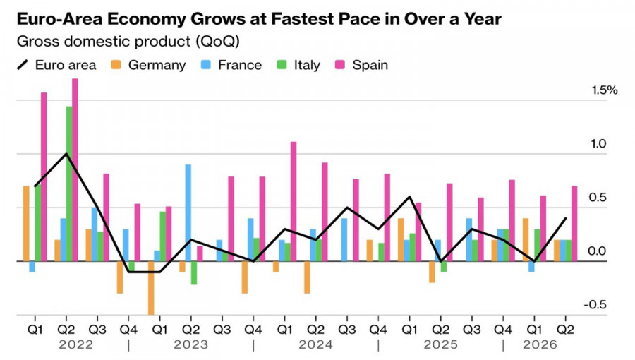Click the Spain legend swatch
tap(340, 65)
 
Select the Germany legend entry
tap(148, 65)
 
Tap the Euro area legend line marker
tap(23, 65)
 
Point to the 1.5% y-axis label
tap(605, 90)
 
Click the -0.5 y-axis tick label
tap(595, 304)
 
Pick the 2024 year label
tap(315, 344)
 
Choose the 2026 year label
tap(540, 344)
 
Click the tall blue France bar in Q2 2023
tap(188, 213)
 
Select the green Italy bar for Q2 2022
tap(69, 184)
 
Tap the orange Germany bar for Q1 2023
tap(151, 288)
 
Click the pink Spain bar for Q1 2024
tap(294, 202)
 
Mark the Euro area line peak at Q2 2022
tap(66, 154)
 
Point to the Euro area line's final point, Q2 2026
tap(566, 218)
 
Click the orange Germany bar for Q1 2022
tap(26, 224)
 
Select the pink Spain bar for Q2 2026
tap(574, 224)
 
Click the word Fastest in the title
tap(303, 18)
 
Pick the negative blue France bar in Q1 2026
tap(531, 267)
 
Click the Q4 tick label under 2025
tap(503, 330)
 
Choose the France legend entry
tap(231, 65)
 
